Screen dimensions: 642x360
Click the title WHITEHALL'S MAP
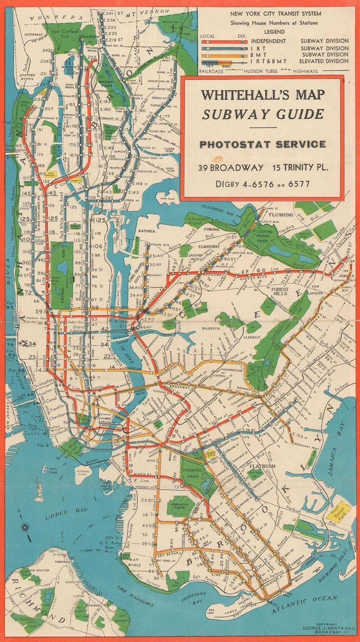263,95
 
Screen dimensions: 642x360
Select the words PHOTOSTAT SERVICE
262,144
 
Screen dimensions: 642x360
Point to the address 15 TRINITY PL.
299,167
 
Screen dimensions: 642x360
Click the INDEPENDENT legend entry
268,41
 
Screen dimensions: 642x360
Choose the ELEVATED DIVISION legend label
324,61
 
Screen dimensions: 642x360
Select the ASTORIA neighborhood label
146,231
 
